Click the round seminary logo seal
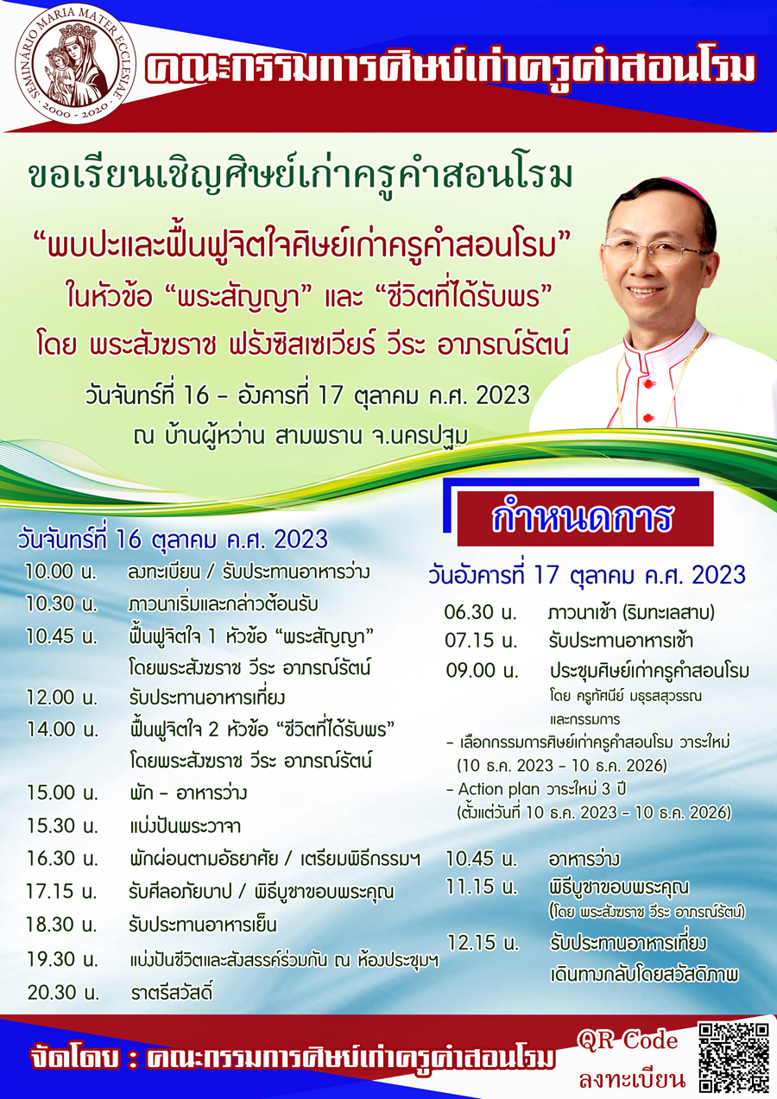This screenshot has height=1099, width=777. coord(69,64)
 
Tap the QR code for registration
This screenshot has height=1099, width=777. coord(734,1058)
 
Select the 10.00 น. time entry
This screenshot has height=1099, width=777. coord(60,572)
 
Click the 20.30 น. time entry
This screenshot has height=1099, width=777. coord(63,992)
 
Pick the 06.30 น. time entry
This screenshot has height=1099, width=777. coord(480,613)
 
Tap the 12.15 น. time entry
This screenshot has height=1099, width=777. coord(483,942)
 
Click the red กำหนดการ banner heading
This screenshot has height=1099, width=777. coord(584,518)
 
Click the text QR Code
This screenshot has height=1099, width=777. coord(628,1040)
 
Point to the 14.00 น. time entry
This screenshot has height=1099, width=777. coord(62,730)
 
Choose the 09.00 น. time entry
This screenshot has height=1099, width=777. coord(482,670)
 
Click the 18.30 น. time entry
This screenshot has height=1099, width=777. coord(62,925)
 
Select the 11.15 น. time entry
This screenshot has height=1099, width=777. coord(481,886)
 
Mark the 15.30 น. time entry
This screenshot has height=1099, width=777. coord(62,825)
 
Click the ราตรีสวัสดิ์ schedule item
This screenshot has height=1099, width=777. coord(172,992)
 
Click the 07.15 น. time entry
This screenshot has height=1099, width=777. coord(481,641)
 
